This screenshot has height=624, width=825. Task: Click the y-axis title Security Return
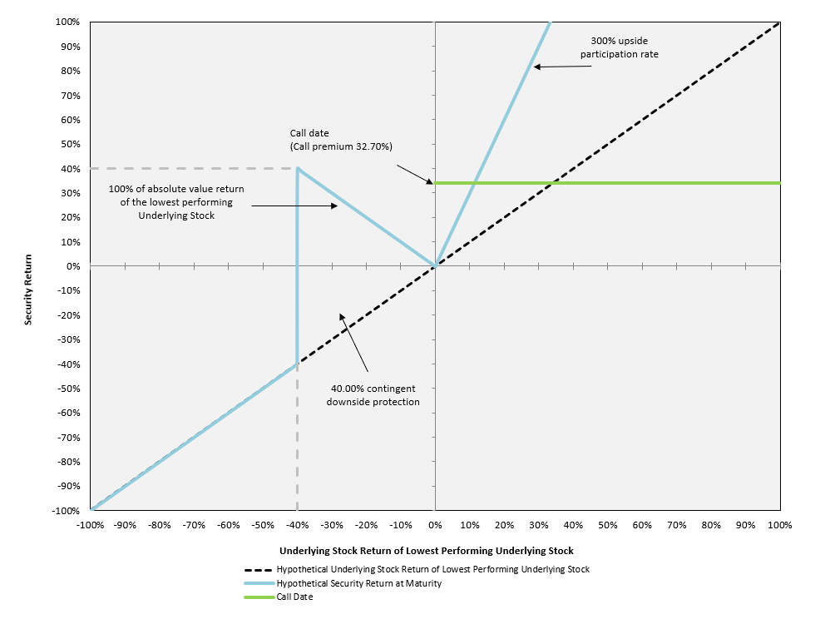tap(28, 290)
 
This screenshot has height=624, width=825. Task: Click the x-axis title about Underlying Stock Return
tap(426, 551)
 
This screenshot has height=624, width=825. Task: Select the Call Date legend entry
tap(279, 597)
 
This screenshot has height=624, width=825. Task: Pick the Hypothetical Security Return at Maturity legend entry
tap(343, 583)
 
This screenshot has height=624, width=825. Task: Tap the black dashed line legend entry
tap(417, 569)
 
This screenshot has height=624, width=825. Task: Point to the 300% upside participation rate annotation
tap(620, 47)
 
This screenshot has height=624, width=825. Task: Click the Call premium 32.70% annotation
tap(341, 140)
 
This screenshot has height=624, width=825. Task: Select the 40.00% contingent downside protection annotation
tap(373, 395)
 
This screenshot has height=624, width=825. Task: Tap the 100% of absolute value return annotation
tap(176, 202)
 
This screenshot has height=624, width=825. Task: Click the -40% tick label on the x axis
tap(297, 525)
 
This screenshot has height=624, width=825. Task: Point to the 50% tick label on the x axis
tap(607, 525)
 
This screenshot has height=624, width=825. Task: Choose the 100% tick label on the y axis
tap(68, 22)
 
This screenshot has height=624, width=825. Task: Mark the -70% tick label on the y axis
tap(68, 438)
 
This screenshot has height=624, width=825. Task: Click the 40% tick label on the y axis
tap(71, 169)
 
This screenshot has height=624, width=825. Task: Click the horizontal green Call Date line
tap(607, 183)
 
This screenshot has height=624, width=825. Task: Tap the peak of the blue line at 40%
tap(298, 169)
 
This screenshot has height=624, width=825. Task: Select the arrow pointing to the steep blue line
tap(562, 67)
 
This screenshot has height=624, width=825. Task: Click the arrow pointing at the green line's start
tap(415, 174)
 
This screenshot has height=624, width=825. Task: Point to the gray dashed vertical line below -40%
tap(297, 437)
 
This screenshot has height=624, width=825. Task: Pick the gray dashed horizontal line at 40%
tap(194, 169)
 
